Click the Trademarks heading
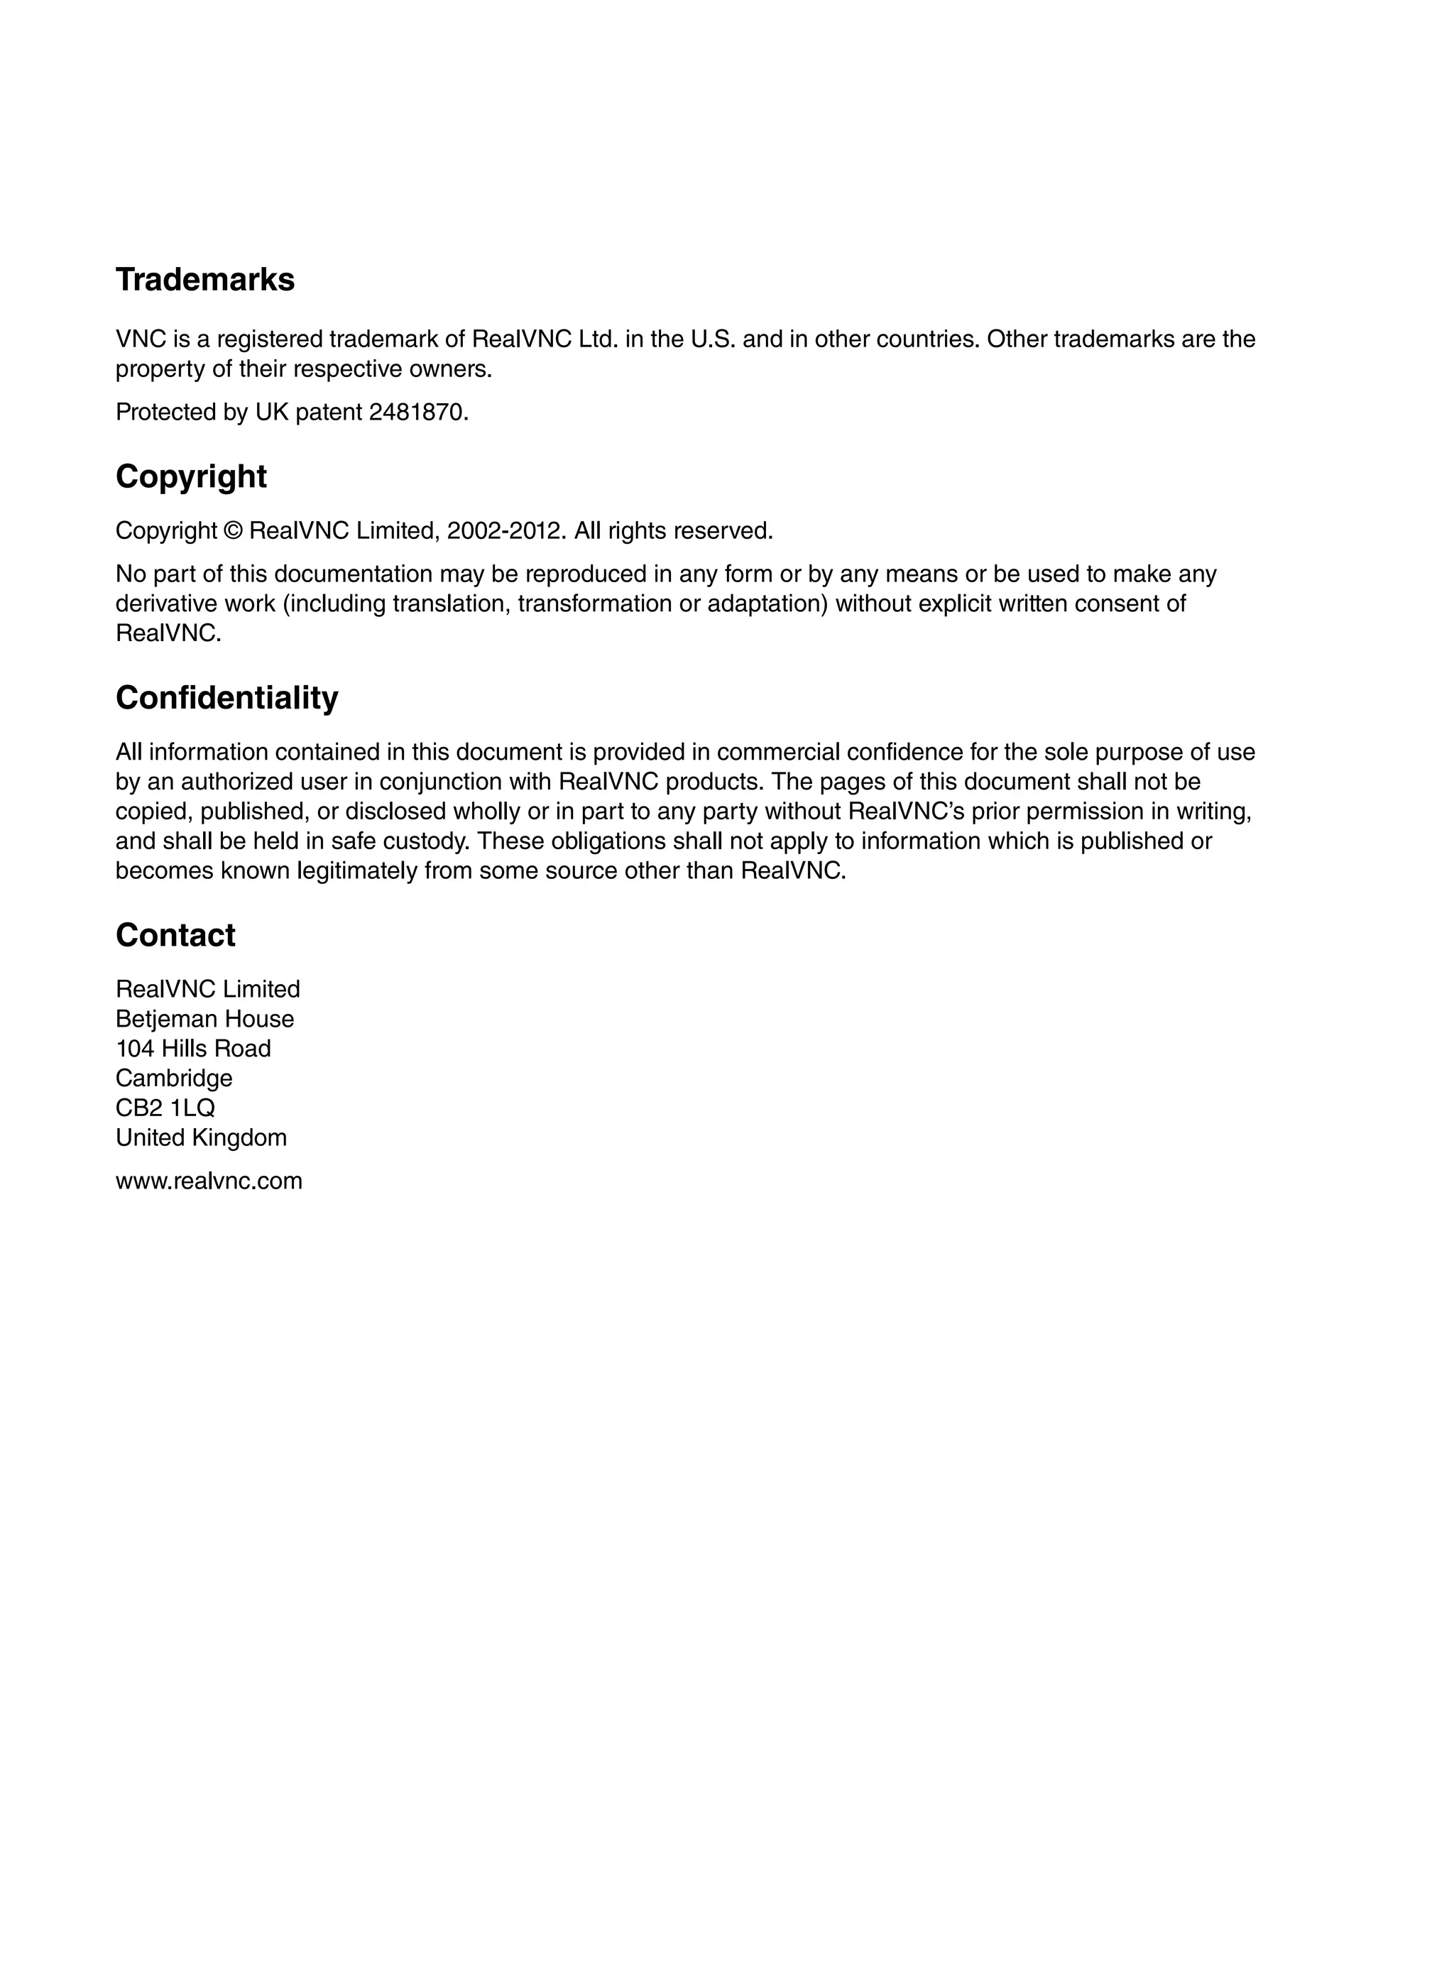coord(205,280)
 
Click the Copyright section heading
coord(191,477)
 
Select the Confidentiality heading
coord(227,698)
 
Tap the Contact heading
coord(175,936)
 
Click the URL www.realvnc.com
coord(209,1181)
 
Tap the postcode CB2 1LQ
coord(165,1108)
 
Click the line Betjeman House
coord(205,1019)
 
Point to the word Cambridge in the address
coord(174,1079)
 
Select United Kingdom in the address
coord(202,1138)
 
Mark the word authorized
coord(236,782)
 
